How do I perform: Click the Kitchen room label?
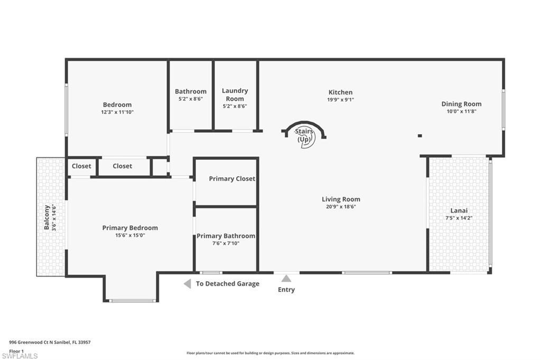[x=340, y=92]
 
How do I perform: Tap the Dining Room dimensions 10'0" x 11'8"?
[x=461, y=111]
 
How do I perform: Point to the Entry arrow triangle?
[x=286, y=279]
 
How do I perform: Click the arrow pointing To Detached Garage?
[x=187, y=284]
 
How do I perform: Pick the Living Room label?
[x=341, y=199]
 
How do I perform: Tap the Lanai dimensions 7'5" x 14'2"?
[x=458, y=217]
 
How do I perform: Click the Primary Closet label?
[x=232, y=178]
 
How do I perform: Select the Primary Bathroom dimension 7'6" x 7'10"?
[x=226, y=243]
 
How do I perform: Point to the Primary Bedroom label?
[x=130, y=228]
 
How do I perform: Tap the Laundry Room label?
[x=235, y=94]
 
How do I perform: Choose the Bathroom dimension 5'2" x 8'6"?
[x=190, y=99]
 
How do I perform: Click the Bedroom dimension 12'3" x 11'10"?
[x=117, y=112]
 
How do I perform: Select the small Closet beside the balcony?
[x=81, y=166]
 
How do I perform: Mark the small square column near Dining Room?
[x=420, y=136]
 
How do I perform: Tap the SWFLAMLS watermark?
[x=20, y=356]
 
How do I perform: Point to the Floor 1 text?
[x=16, y=350]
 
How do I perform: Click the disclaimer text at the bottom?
[x=270, y=353]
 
